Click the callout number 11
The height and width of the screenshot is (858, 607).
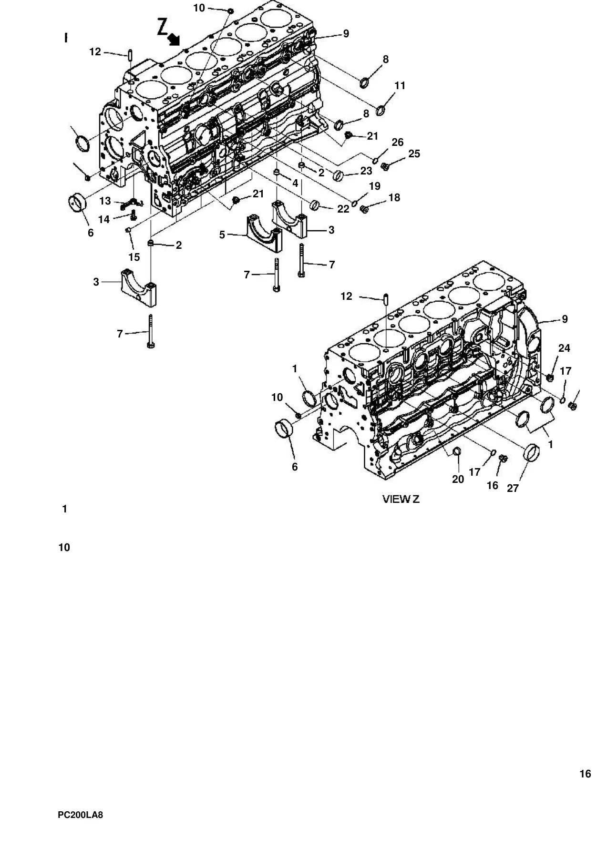coord(400,86)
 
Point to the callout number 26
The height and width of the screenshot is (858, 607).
coord(398,143)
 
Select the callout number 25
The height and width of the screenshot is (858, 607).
coord(414,154)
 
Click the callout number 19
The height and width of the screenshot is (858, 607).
coord(375,186)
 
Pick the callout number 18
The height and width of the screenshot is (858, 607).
coord(394,198)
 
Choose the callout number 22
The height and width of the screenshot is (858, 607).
coord(343,209)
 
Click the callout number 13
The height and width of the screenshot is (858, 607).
coord(105,201)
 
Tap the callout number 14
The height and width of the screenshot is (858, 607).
coord(104,219)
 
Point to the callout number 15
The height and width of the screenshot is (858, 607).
coord(134,257)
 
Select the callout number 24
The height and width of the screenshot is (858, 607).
coord(564,348)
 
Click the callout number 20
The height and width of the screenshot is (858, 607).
coord(458,480)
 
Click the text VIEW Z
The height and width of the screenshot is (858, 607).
coord(401,499)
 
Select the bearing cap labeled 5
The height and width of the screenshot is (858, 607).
coord(264,234)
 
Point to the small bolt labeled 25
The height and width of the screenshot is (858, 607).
coord(385,166)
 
